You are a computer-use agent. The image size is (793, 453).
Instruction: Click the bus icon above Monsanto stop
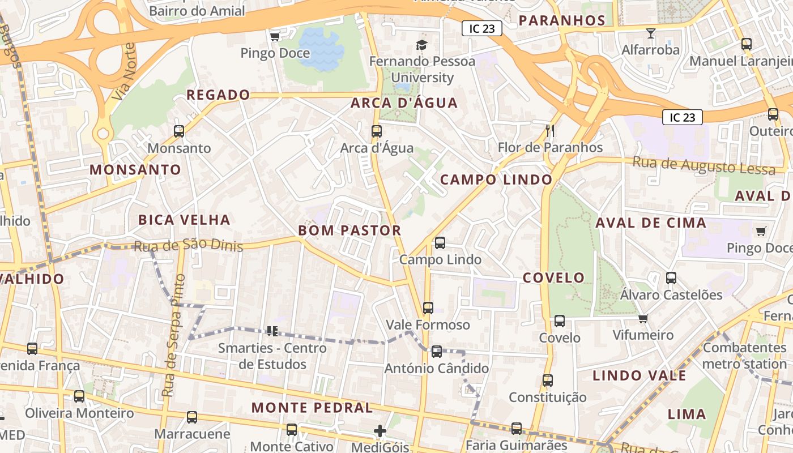point(179,131)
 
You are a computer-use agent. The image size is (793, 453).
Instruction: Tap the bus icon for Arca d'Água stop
point(377,131)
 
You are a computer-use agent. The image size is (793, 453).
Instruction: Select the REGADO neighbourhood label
point(218,95)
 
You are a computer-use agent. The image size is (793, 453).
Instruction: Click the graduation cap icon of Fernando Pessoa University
point(421,45)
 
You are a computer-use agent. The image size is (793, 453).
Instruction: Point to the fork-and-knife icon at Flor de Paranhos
point(549,131)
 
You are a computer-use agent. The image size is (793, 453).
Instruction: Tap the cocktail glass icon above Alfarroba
point(650,33)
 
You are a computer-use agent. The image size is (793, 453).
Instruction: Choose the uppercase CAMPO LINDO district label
point(496,180)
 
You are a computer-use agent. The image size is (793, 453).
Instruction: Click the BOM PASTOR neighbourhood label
point(349,230)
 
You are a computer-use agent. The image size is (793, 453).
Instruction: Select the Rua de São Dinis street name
point(188,245)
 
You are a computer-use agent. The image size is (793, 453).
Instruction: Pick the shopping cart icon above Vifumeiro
point(643,319)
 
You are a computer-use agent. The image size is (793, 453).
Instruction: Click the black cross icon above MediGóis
point(380,431)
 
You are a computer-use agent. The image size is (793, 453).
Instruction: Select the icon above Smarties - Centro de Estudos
point(272,331)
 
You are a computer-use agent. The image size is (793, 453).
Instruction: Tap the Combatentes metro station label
point(744,356)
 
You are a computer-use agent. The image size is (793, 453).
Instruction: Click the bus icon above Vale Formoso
point(428,308)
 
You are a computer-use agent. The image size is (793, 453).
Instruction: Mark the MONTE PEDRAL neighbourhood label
point(312,408)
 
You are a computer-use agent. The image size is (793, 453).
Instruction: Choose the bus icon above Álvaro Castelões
point(671,278)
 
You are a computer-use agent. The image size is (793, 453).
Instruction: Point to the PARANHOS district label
point(562,21)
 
